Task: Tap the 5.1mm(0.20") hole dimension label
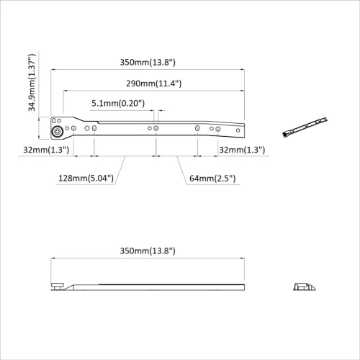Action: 118,104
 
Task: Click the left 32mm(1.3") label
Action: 45,150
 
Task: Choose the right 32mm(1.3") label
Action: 241,150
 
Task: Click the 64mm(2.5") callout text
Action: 211,179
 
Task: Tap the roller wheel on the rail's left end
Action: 56,132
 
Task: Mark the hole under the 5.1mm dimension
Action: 157,128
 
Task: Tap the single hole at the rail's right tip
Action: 238,130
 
